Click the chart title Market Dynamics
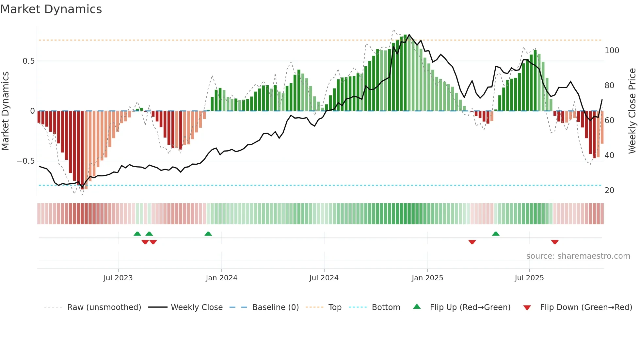pos(51,9)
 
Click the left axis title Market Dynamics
pos(5,111)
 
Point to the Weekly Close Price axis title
pos(632,111)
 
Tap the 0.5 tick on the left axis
pos(28,61)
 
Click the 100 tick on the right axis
pos(612,51)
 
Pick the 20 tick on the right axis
pos(609,190)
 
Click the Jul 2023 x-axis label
pos(118,278)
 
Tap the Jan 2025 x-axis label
pos(427,278)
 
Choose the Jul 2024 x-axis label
pos(324,278)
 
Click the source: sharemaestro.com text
pos(578,256)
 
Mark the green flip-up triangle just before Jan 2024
pos(208,234)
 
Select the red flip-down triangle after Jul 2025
pos(554,242)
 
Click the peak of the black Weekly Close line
pos(409,35)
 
